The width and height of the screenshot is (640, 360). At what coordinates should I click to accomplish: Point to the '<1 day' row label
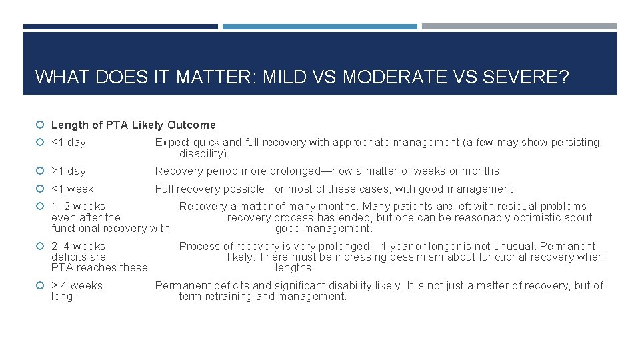click(x=69, y=142)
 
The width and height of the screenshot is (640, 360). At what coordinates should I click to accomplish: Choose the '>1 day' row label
click(x=69, y=171)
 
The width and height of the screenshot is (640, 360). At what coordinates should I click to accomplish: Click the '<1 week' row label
click(x=73, y=189)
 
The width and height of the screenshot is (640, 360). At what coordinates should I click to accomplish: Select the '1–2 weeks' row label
click(x=78, y=206)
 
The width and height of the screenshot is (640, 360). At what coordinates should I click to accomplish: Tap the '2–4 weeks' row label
click(x=78, y=246)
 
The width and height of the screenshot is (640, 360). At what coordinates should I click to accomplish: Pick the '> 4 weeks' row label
click(x=77, y=285)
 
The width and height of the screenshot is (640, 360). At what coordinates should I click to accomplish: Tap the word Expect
click(x=172, y=142)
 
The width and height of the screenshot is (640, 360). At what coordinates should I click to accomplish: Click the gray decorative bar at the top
click(x=519, y=27)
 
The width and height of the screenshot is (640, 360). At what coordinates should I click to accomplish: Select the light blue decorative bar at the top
click(x=320, y=27)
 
